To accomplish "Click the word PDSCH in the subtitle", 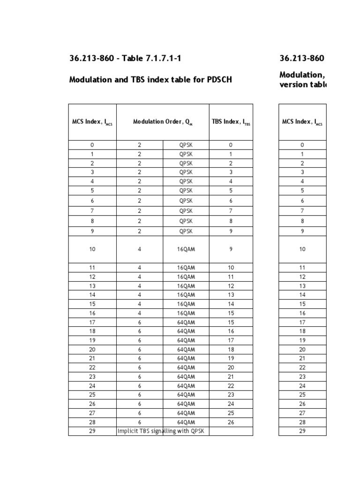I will pos(219,80).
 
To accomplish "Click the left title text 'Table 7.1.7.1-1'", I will pos(152,59).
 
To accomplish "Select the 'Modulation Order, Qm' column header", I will pos(163,122).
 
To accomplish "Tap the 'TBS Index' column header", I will pos(231,122).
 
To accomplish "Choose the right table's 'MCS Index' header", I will pos(302,122).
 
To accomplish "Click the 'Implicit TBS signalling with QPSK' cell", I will pos(163,431).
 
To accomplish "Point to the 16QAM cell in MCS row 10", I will pos(186,249).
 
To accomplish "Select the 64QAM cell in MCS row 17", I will pos(186,322).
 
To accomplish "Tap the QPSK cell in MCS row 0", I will pos(186,145).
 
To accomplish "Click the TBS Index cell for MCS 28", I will pos(231,422).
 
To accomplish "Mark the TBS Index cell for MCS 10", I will pos(231,249).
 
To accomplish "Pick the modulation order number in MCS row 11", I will pos(139,267).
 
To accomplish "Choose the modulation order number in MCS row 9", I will pos(139,231).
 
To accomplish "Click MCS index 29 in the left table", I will pos(92,431).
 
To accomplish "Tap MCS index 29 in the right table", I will pos(302,431).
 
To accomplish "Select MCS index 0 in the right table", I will pos(302,145).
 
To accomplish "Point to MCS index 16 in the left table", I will pos(92,313).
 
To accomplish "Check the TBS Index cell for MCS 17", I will pos(231,322).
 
